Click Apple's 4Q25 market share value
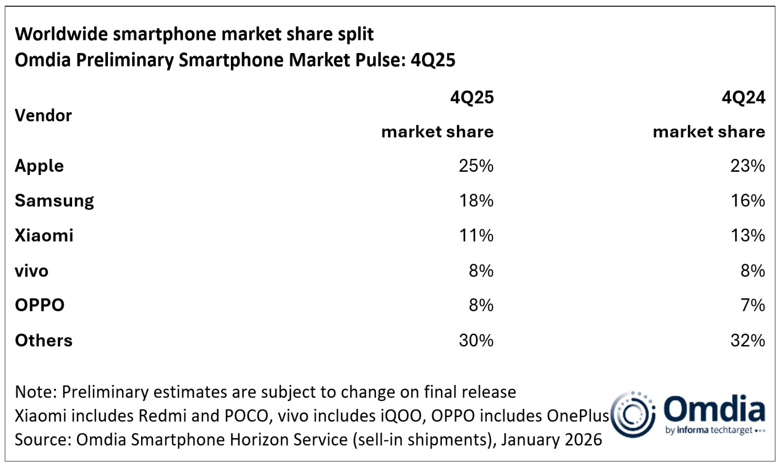476,166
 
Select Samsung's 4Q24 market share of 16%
747,201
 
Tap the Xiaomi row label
44,236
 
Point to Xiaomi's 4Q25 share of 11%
476,236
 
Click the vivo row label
32,271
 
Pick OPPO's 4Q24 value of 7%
753,305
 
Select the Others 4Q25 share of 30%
476,340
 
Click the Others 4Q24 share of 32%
747,340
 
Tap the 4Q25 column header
471,98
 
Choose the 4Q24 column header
743,98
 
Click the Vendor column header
43,115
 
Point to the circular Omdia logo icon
632,414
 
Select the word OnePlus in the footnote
577,416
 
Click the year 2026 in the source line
582,439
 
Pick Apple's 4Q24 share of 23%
747,166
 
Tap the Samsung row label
54,201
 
